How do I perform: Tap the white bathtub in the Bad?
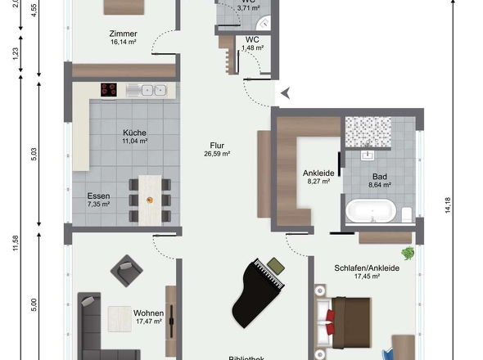point(370,211)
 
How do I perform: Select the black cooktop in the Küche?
point(111,89)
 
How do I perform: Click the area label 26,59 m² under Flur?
point(217,153)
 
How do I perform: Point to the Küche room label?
point(135,132)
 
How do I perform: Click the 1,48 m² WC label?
point(252,48)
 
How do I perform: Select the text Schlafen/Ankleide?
point(366,268)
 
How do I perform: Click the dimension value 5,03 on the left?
point(34,155)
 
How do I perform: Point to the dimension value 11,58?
point(15,245)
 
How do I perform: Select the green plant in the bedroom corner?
point(406,254)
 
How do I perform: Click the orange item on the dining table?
point(149,199)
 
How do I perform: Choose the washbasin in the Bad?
point(368,153)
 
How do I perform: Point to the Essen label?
point(99,196)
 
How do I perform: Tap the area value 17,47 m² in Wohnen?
point(150,322)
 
